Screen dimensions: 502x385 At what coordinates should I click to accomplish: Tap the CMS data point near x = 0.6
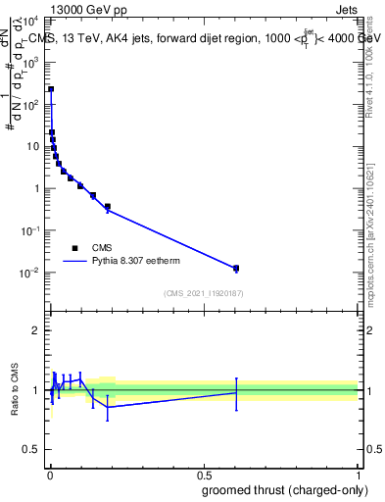235,268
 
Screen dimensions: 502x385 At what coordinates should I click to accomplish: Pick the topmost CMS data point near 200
51,89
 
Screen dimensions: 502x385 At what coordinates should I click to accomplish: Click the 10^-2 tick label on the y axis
32,273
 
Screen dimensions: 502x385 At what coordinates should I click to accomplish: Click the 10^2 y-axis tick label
32,104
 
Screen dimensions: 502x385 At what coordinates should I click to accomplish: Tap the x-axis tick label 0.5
204,475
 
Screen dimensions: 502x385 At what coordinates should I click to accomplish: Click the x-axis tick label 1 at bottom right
357,475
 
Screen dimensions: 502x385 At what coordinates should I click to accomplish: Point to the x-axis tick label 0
50,475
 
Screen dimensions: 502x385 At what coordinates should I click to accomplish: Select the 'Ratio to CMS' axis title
15,389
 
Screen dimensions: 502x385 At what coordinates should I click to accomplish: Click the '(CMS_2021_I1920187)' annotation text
203,292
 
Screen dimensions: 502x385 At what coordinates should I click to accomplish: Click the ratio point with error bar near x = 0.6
236,392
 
